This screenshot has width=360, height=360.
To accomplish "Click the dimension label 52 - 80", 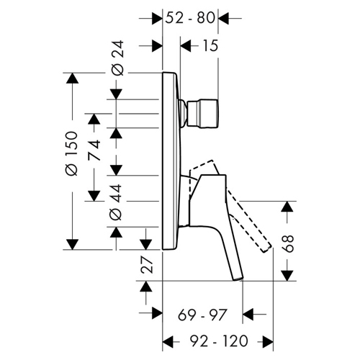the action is [190, 18].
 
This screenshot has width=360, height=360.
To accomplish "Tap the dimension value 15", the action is [210, 45].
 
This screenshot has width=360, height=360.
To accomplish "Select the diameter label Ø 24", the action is [117, 58].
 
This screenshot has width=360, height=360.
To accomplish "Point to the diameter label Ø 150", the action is [71, 153].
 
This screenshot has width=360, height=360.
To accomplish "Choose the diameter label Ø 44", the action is [116, 202].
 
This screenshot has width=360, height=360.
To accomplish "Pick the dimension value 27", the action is [147, 264].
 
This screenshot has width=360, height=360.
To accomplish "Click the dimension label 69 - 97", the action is [202, 315].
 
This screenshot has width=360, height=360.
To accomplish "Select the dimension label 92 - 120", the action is [219, 341].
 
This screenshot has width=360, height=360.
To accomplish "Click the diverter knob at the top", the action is [203, 114].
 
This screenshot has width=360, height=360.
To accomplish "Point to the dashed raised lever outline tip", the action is [268, 250].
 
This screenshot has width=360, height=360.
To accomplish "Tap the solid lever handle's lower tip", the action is [238, 279].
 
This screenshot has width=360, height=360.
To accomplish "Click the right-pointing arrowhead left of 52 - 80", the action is [157, 18].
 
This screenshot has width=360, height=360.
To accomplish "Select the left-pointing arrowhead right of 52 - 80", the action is [223, 18].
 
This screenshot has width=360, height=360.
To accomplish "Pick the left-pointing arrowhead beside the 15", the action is [186, 45].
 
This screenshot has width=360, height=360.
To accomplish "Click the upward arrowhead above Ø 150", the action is [72, 78].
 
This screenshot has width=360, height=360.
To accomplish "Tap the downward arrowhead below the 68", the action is [287, 275].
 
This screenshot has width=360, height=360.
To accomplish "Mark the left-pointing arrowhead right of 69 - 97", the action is [248, 314].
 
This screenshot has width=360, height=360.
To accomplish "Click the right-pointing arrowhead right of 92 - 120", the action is [268, 341].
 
